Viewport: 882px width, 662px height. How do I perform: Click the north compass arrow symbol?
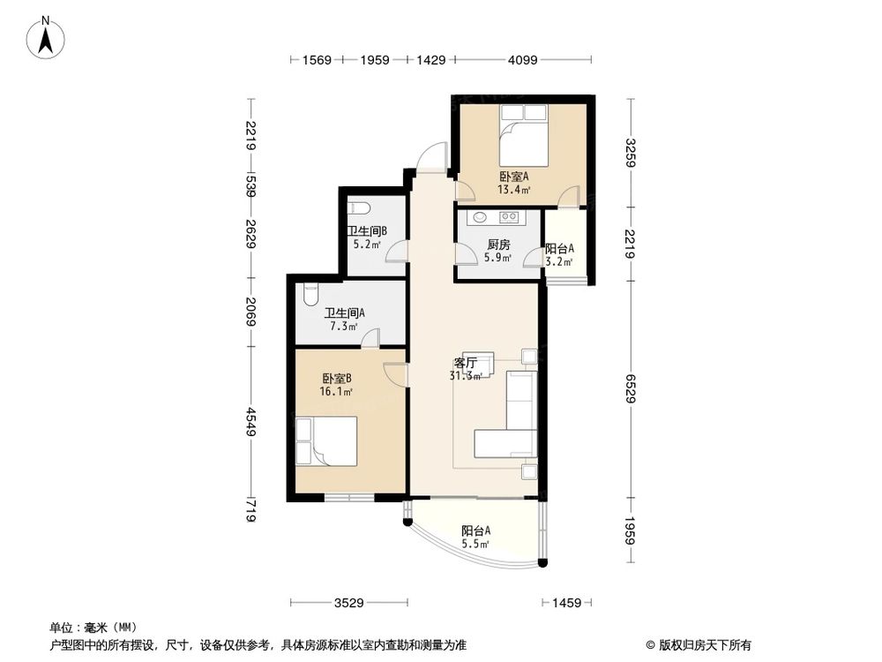46,37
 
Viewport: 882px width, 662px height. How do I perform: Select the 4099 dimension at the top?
522,60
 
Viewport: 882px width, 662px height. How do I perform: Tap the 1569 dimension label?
317,60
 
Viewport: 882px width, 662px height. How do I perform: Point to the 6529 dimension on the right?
630,388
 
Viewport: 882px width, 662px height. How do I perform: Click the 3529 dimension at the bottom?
348,603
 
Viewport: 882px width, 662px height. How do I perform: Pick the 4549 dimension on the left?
250,422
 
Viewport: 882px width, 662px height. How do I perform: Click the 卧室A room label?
514,177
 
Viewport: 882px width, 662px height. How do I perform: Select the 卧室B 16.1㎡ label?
336,385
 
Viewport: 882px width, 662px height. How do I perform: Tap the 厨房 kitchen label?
498,244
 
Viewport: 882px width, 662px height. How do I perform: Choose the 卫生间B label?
366,230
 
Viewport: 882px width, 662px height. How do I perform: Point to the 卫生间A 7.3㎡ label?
344,320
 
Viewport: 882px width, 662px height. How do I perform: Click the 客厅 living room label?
465,363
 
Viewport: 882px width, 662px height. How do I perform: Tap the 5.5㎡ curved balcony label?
475,544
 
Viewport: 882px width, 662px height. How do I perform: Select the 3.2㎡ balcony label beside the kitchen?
559,262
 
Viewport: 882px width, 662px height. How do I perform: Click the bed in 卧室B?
326,440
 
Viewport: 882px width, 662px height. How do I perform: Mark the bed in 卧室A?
524,134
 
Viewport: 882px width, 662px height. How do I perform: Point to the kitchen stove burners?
510,215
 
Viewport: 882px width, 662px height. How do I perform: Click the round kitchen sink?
481,215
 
